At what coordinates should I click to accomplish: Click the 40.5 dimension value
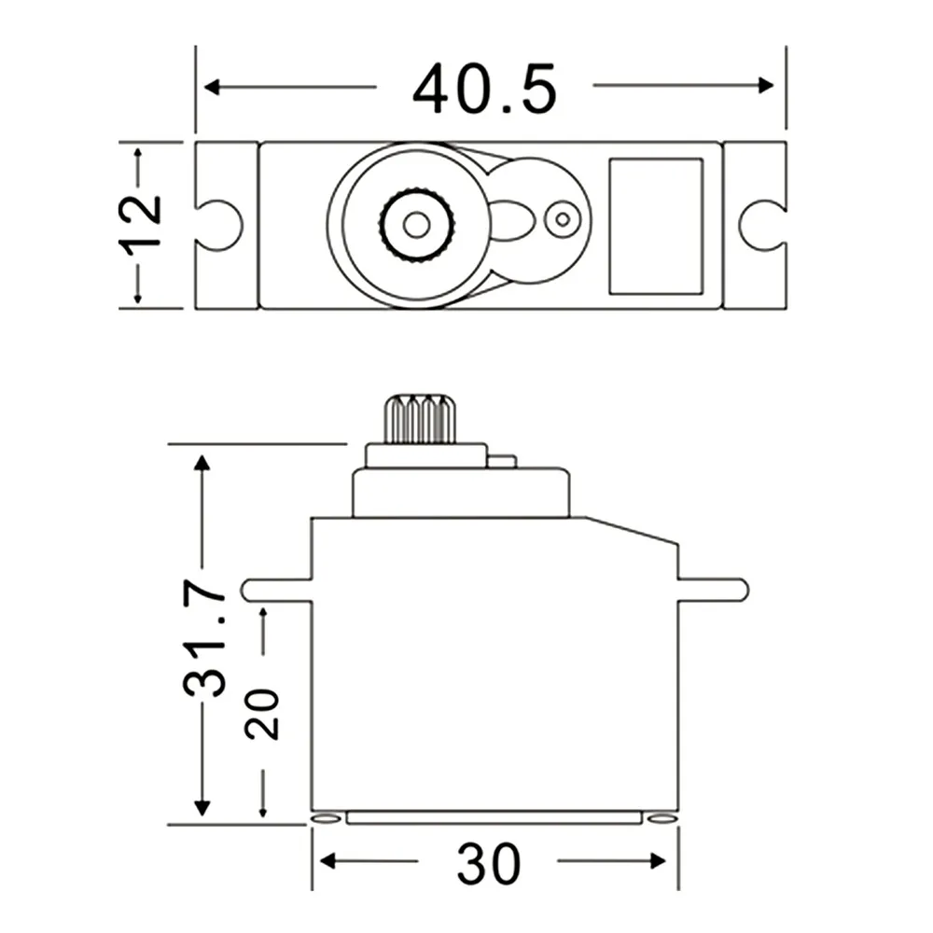[x=484, y=89]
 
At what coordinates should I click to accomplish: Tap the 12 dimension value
[x=140, y=222]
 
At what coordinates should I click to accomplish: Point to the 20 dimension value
[x=263, y=714]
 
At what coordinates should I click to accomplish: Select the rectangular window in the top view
[x=655, y=226]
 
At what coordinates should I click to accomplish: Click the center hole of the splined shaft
[x=416, y=224]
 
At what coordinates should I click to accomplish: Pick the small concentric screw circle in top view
[x=562, y=220]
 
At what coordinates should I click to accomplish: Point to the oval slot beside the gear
[x=511, y=222]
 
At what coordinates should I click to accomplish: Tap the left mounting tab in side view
[x=277, y=590]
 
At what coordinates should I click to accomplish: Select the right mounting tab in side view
[x=713, y=590]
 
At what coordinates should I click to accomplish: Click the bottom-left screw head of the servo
[x=326, y=818]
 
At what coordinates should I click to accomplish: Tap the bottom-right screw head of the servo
[x=661, y=818]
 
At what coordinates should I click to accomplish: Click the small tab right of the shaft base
[x=501, y=460]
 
